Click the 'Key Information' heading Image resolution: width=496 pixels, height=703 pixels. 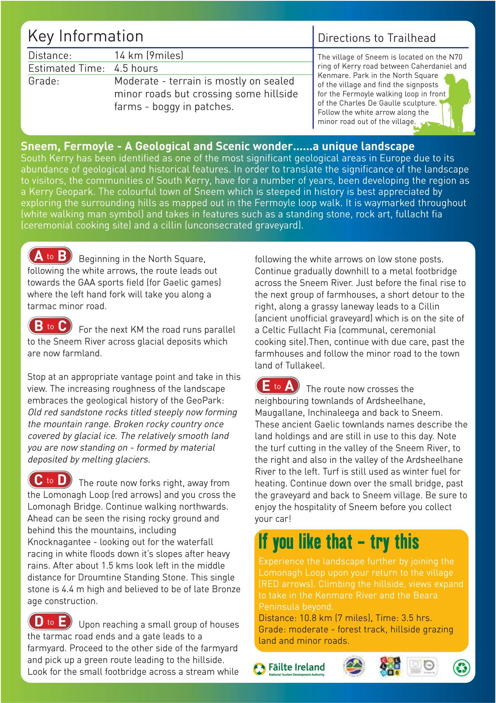click(86, 37)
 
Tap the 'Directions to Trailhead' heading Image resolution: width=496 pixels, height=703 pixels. click(376, 38)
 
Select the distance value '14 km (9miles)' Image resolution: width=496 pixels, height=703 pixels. click(149, 55)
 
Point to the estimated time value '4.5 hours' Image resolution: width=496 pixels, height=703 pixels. click(136, 68)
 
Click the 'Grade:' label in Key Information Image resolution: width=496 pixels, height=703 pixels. click(44, 81)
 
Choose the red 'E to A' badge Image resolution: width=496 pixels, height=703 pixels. click(278, 386)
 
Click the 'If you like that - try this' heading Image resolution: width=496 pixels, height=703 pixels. click(339, 542)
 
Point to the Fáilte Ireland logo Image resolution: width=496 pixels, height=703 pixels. click(289, 668)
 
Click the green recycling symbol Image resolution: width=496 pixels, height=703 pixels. click(462, 667)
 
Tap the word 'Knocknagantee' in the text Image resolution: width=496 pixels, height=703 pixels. click(57, 542)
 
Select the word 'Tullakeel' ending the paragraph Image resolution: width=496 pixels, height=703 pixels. click(305, 366)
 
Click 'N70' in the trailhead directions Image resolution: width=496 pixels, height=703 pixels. click(455, 57)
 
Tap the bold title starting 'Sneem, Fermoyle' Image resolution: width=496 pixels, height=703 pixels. click(218, 146)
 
